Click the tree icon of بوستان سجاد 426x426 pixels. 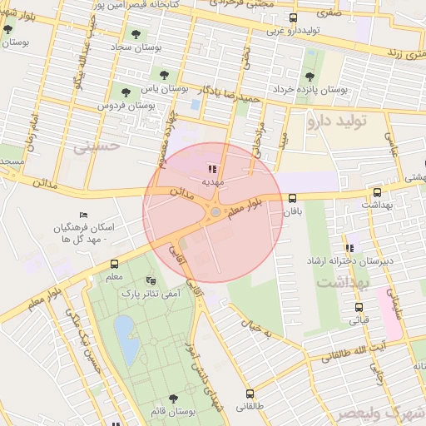136,34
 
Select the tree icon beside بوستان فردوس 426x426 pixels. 126,92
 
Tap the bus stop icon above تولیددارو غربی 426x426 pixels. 292,17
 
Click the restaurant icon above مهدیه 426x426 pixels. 211,167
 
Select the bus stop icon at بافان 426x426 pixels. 292,198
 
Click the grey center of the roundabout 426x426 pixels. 215,213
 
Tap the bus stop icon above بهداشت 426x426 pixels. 378,191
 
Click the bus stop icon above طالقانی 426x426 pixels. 250,394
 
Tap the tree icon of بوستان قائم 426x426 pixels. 173,399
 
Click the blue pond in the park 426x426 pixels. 124,334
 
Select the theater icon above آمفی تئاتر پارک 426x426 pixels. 150,280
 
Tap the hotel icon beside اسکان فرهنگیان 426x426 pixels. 82,215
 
